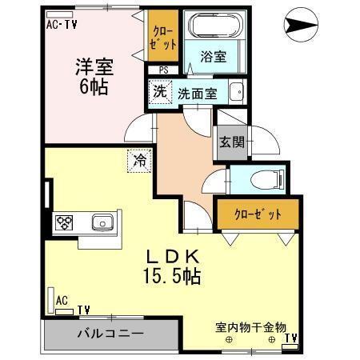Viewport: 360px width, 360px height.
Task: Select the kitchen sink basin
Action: pyautogui.click(x=102, y=221)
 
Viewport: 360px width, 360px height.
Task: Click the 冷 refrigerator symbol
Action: pyautogui.click(x=139, y=161)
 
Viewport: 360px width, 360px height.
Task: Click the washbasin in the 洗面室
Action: pyautogui.click(x=237, y=91)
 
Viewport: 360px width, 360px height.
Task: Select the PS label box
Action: pyautogui.click(x=163, y=70)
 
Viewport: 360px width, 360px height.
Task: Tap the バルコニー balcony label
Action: pyautogui.click(x=110, y=334)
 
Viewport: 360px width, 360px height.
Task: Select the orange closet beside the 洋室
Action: pyautogui.click(x=162, y=37)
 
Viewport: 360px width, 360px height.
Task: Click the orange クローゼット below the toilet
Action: pyautogui.click(x=258, y=214)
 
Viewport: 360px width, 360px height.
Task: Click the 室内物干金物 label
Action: pyautogui.click(x=250, y=327)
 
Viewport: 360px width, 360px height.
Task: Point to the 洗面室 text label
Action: pyautogui.click(x=197, y=92)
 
